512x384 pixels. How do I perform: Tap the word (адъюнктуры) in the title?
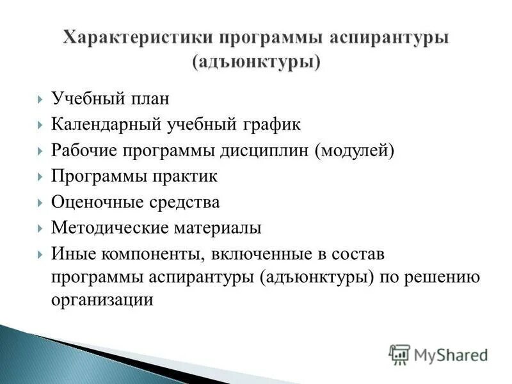[256, 63]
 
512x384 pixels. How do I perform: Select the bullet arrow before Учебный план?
[40, 100]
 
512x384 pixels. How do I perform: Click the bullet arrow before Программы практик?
[40, 177]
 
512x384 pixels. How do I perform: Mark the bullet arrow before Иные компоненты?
[40, 253]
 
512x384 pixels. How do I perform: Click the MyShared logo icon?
[399, 354]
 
